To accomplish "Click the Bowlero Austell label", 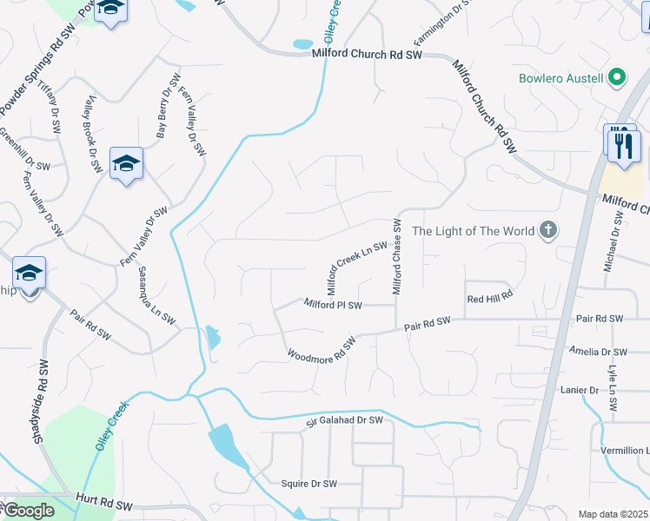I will tap(560, 78).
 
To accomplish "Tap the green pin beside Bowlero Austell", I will tap(617, 78).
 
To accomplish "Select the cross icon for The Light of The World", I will tap(547, 230).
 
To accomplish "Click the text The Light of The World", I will tap(474, 231).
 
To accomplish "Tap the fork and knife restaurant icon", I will tap(623, 144).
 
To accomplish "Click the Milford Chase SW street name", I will tap(396, 256).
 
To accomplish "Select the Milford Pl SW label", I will tap(333, 305).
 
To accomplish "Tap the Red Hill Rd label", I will tap(490, 298).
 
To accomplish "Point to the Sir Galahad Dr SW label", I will tap(344, 420).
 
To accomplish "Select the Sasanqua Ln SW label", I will tap(156, 296).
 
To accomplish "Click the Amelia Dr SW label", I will tap(597, 352).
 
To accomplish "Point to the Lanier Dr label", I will tap(580, 391).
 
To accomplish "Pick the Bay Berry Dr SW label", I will tap(162, 112).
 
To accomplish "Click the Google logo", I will tap(29, 511).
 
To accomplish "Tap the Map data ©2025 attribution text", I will tap(613, 514).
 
